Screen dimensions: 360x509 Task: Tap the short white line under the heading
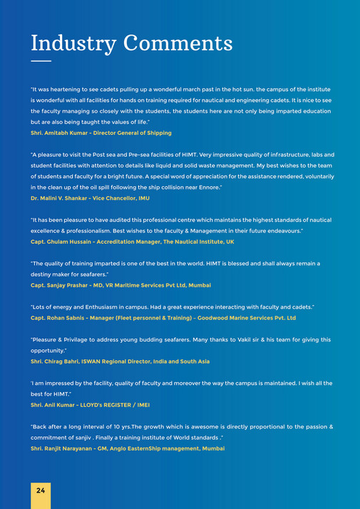coord(41,61)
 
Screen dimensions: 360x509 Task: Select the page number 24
coord(41,490)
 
